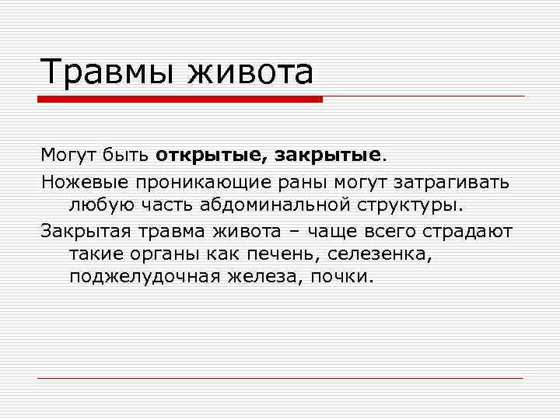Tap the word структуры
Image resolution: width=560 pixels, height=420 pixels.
coord(411,206)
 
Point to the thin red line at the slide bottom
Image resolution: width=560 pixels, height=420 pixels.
coord(280,378)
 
